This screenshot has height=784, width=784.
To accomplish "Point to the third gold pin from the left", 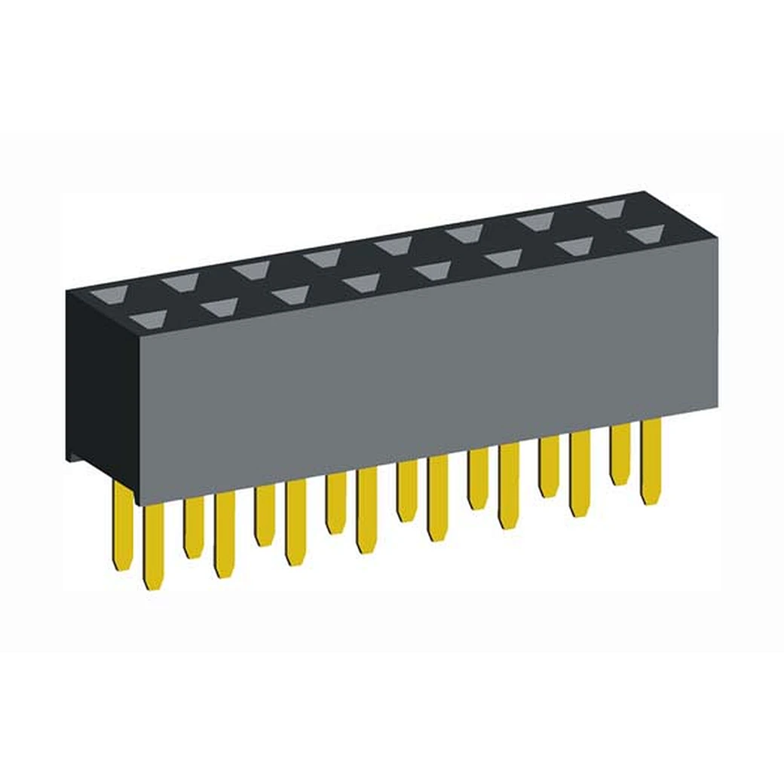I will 193,528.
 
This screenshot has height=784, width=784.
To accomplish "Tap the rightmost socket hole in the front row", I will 645,234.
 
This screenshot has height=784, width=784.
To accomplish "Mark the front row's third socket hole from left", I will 292,295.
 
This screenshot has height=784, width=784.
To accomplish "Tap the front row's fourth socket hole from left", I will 363,283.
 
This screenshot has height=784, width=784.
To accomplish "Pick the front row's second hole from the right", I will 574,246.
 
